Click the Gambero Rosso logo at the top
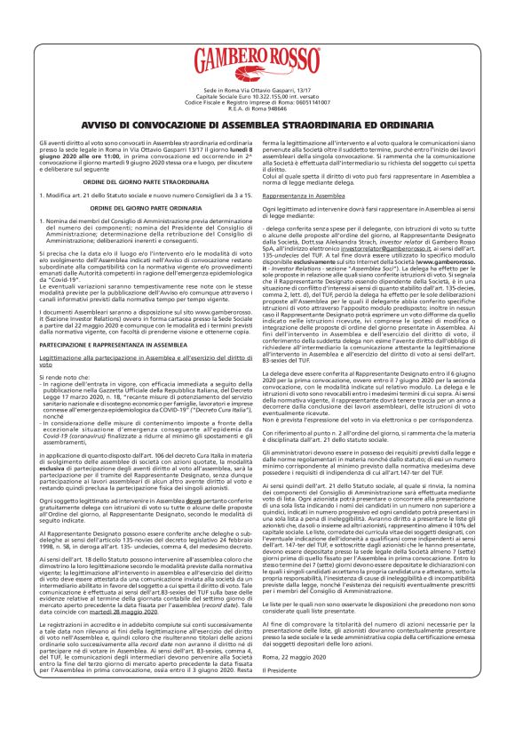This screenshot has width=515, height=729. click(257, 60)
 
